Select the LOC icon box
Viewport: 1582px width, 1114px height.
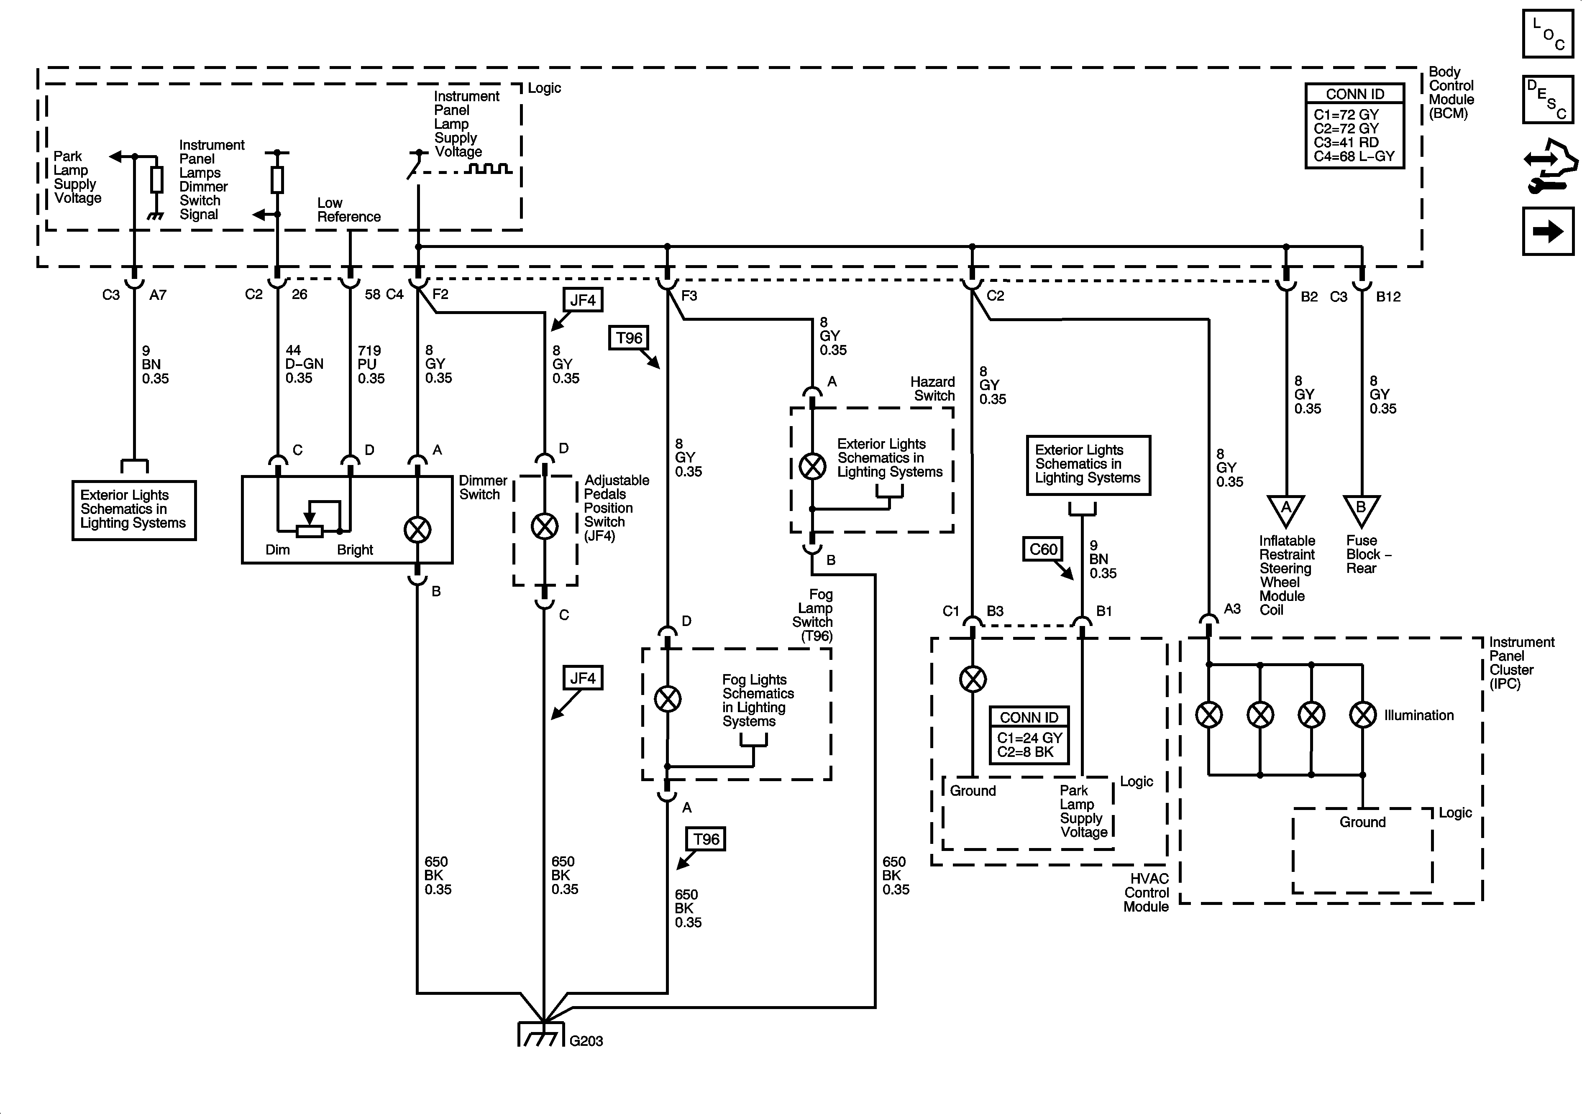click(x=1548, y=33)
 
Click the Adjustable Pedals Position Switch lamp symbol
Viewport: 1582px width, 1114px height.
click(x=544, y=527)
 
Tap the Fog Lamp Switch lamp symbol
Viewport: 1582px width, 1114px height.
click(x=667, y=699)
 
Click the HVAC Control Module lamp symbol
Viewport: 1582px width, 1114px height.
click(x=972, y=679)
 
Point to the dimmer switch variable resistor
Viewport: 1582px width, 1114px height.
click(x=310, y=531)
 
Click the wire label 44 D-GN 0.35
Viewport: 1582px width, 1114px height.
click(x=304, y=364)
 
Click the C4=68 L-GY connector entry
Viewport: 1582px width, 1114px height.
click(x=1354, y=156)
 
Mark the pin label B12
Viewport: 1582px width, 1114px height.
click(x=1388, y=296)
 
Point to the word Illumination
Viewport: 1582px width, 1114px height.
click(x=1419, y=715)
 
